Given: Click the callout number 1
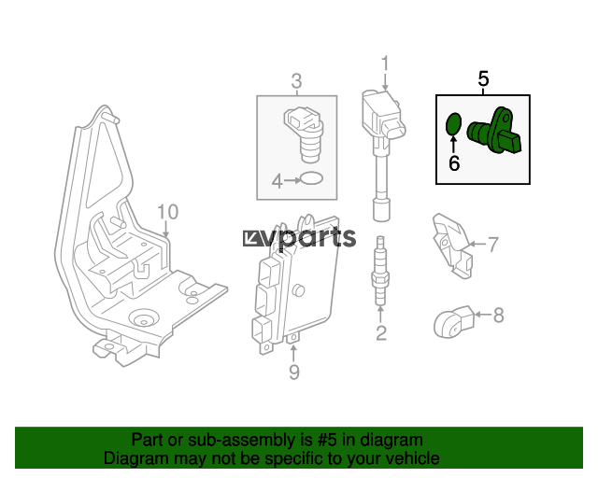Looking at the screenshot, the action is pos(385,63).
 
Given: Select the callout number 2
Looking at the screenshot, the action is pos(381,332).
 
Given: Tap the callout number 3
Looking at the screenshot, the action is pos(297,81).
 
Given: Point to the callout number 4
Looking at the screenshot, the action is pos(277,181).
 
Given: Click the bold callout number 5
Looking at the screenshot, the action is pos(483,79).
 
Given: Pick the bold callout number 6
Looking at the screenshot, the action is pos(454,163).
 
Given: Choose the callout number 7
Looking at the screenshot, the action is pos(493,245).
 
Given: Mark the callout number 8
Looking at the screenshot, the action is pos(498,316).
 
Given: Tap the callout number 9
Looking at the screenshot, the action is pos(293,372).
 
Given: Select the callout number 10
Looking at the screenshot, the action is pos(167,212).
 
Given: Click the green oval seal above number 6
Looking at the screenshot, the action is pos(453,124).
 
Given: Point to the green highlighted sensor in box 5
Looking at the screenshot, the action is pos(494,132).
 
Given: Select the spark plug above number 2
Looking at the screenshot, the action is pos(380,271).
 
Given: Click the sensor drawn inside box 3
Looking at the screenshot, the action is pos(304,134).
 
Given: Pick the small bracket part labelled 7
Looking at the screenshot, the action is pos(452,246).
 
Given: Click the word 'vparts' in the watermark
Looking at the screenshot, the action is pos(309,239).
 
